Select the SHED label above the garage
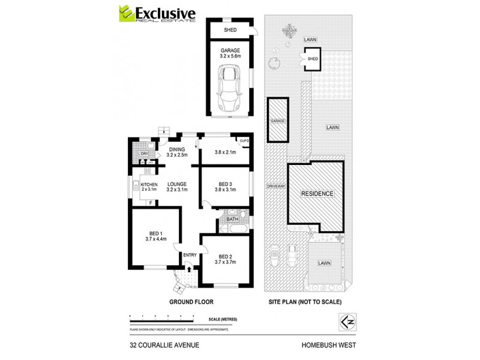230,30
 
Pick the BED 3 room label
226,187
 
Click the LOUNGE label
178,187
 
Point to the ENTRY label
190,256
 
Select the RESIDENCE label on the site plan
316,194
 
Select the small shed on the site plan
313,59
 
